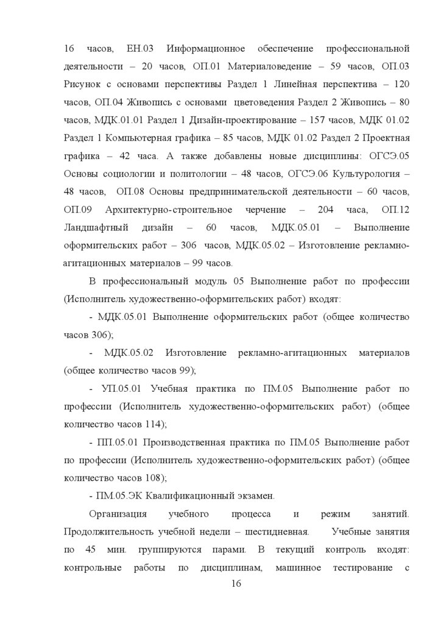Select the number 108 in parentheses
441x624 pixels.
(151, 477)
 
